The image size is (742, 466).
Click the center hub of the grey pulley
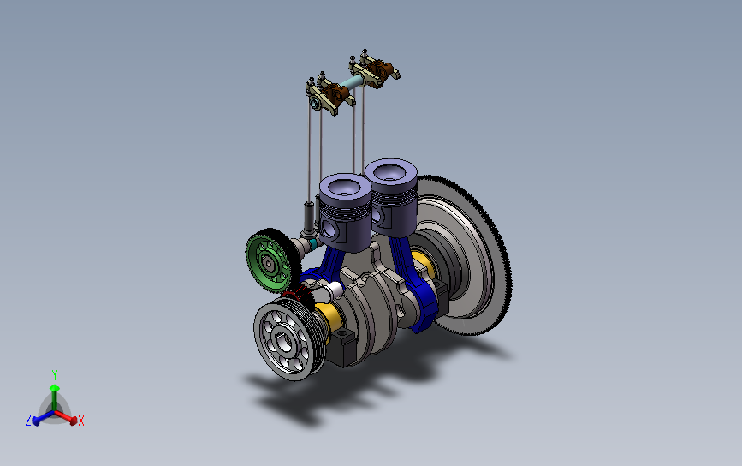(283, 341)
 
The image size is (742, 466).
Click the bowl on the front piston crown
(346, 187)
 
